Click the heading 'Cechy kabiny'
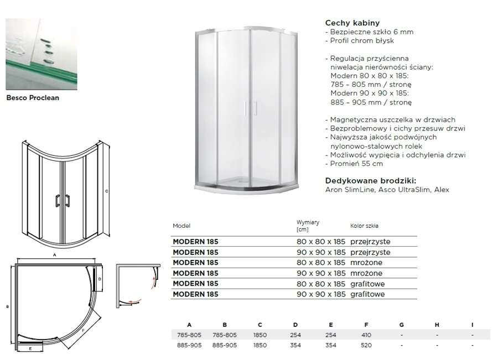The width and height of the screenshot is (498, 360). tap(352, 23)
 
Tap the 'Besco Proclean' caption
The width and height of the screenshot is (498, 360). tap(33, 98)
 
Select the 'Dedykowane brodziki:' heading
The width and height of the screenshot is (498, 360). tap(371, 181)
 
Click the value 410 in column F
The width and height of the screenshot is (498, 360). tap(366, 335)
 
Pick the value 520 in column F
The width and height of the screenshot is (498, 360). tap(366, 345)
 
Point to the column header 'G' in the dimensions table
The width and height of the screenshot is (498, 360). tap(402, 325)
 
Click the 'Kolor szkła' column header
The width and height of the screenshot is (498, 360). tap(364, 226)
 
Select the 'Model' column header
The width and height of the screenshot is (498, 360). tap(181, 226)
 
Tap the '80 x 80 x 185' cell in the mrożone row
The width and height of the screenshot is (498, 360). tap(321, 263)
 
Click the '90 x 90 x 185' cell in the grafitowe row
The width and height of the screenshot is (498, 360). tap(321, 294)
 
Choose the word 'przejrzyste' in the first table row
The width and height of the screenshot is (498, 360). tap(370, 242)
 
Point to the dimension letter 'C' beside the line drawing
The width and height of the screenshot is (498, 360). tap(107, 191)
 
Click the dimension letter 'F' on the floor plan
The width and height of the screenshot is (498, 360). tap(83, 330)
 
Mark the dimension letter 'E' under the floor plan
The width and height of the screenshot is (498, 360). tap(30, 348)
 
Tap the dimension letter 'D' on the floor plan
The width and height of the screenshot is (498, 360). tap(100, 279)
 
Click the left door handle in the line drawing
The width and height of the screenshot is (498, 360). tap(58, 200)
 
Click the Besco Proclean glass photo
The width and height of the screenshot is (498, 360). tap(41, 54)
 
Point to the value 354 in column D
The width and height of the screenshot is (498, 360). tap(295, 345)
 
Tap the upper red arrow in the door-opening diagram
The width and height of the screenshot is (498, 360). tap(154, 282)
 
